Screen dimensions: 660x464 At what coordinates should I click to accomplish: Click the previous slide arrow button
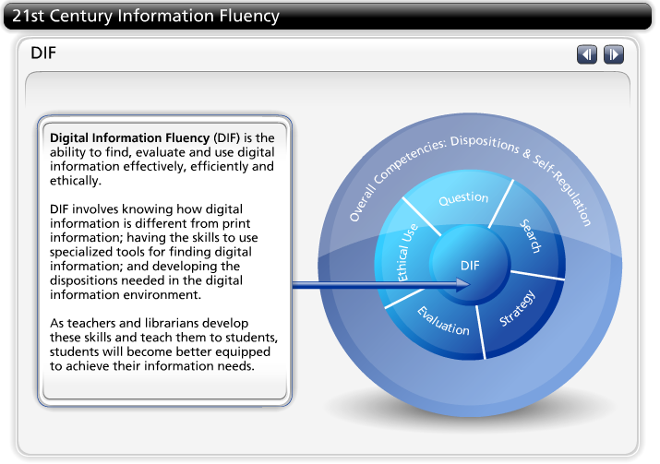pos(587,54)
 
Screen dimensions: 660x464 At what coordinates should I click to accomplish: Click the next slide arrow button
pos(613,54)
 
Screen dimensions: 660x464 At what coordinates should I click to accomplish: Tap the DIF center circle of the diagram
pos(471,266)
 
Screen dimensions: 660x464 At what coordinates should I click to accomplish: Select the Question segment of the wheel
pos(463,198)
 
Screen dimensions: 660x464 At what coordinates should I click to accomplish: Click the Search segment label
pos(530,235)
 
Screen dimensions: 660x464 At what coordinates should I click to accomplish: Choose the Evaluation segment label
pos(443,319)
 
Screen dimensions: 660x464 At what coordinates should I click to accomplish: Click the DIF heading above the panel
pos(43,53)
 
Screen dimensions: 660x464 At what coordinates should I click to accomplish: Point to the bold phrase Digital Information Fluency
pos(129,137)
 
